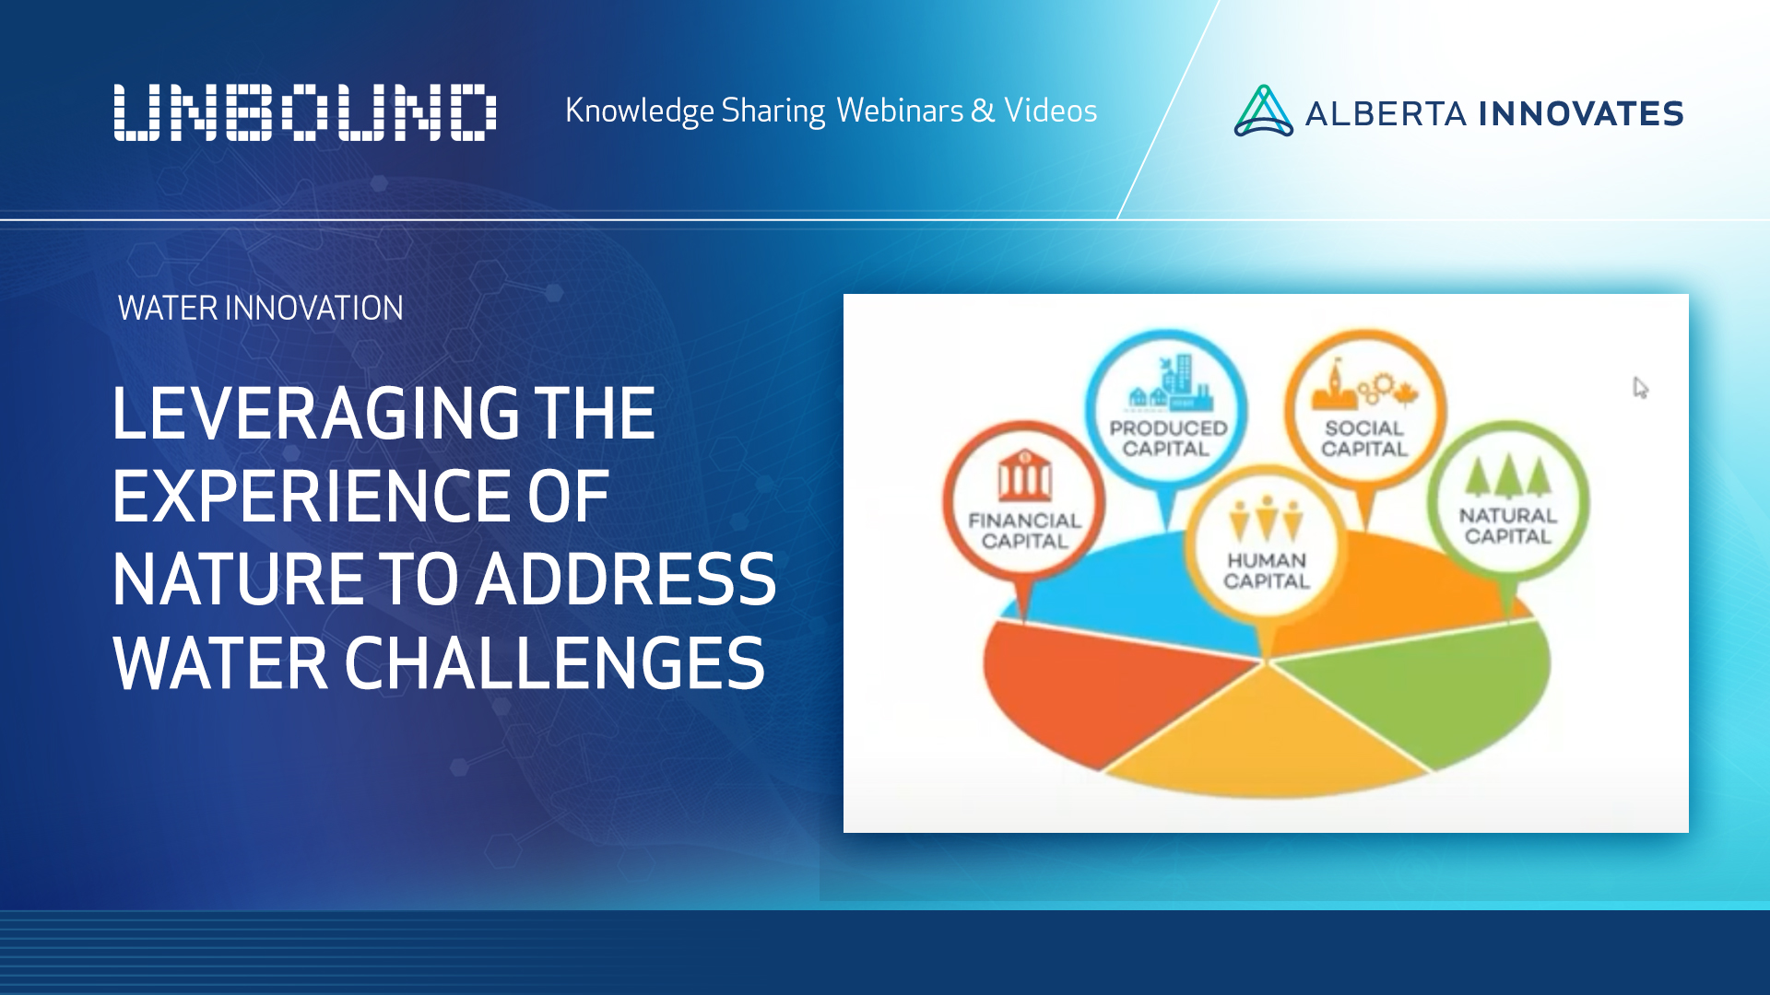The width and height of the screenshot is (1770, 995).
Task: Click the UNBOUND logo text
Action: pyautogui.click(x=304, y=112)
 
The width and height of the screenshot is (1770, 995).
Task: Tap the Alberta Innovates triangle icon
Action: pyautogui.click(x=1263, y=112)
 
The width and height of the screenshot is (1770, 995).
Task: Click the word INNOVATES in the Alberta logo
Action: pyautogui.click(x=1581, y=113)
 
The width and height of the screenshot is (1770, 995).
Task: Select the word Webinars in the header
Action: pyautogui.click(x=900, y=111)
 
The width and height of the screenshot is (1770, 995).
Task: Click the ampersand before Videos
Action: pyautogui.click(x=983, y=111)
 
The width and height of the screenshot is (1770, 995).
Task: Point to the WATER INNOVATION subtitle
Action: pyautogui.click(x=261, y=308)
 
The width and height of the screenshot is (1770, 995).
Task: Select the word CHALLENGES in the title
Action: pyautogui.click(x=554, y=663)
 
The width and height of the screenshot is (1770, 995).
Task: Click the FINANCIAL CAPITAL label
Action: pyautogui.click(x=1024, y=531)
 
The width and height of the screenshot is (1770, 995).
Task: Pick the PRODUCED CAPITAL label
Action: pyautogui.click(x=1167, y=439)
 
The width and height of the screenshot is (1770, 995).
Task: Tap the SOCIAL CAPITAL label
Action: pyautogui.click(x=1364, y=439)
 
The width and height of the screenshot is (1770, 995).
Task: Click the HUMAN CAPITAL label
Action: pyautogui.click(x=1266, y=570)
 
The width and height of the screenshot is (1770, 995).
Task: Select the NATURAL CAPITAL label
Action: pyautogui.click(x=1507, y=526)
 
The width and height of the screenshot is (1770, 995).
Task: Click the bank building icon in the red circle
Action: pyautogui.click(x=1024, y=476)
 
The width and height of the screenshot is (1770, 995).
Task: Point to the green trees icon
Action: pyautogui.click(x=1508, y=476)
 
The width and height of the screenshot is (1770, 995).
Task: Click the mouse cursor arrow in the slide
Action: pyautogui.click(x=1640, y=387)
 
